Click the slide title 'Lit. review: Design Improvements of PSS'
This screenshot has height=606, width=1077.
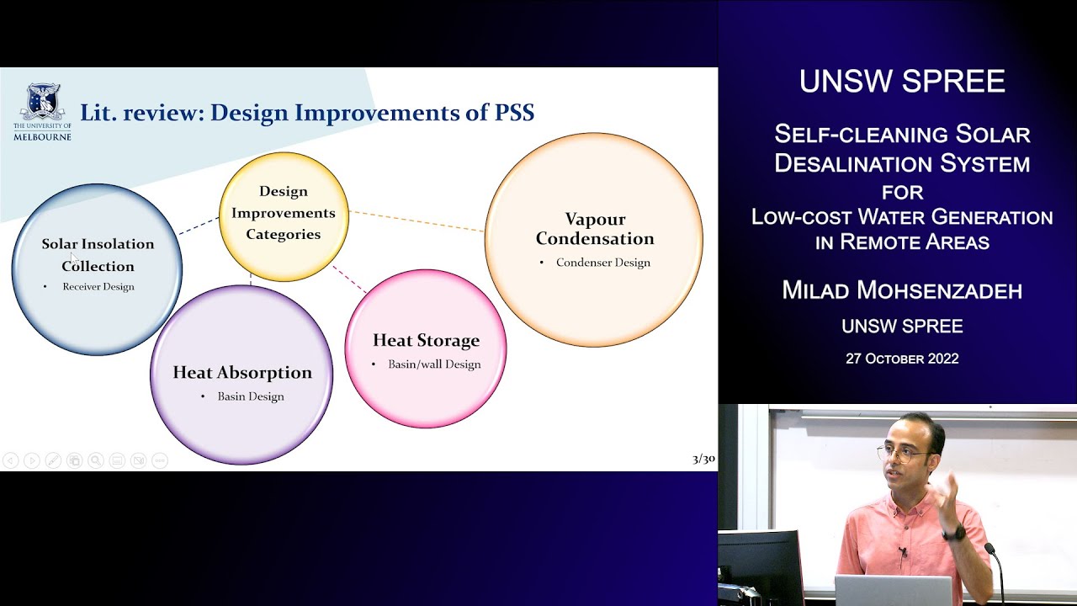(307, 112)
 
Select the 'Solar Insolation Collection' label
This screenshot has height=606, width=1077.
(98, 254)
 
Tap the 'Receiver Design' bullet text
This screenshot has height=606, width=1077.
(98, 287)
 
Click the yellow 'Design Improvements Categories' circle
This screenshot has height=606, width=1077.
(284, 214)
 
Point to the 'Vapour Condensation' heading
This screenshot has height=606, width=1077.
(594, 229)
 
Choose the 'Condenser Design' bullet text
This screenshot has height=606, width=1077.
(602, 263)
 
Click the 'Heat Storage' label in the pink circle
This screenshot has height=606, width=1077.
(426, 340)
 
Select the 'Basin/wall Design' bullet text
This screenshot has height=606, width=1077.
(434, 364)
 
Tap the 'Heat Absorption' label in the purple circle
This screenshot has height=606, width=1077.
(242, 372)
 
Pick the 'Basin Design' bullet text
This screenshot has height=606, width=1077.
(251, 396)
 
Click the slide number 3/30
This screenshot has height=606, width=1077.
(703, 459)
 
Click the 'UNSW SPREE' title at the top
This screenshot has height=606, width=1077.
(902, 82)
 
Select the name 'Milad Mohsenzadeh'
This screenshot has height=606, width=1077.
(902, 290)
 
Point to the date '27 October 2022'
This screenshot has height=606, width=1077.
(902, 359)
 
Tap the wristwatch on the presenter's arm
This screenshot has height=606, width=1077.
(953, 533)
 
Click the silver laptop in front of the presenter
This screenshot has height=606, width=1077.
(893, 591)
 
